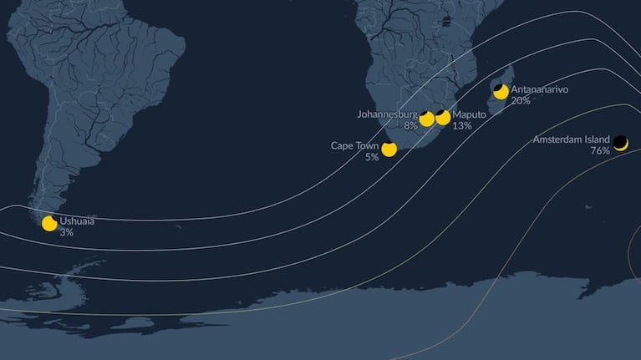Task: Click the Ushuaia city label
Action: click(77, 221)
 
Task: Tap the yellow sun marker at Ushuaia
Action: click(49, 223)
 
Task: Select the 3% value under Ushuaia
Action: click(66, 232)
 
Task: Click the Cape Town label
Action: click(354, 145)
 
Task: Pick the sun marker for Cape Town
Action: click(389, 150)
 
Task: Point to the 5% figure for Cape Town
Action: click(371, 156)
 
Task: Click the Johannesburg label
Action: click(387, 114)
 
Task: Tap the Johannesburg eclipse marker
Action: click(426, 119)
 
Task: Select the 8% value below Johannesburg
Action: click(410, 125)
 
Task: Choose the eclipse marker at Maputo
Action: click(443, 118)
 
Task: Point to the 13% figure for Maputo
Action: click(461, 125)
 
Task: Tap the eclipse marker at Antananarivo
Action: click(501, 91)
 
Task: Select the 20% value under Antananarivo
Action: click(521, 100)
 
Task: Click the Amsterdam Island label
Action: click(571, 139)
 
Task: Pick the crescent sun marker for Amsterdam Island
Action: click(621, 143)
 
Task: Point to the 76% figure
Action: click(599, 150)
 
